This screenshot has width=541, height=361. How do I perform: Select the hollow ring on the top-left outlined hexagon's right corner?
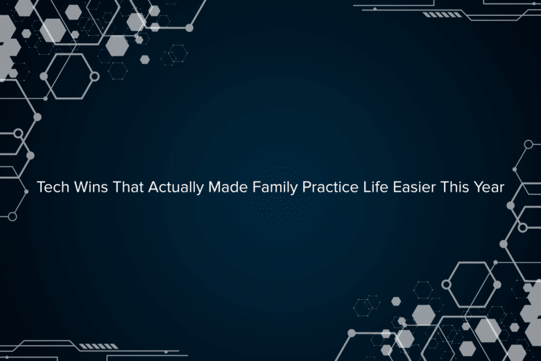tap(94, 76)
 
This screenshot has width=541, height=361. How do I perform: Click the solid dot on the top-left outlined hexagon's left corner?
tap(44, 76)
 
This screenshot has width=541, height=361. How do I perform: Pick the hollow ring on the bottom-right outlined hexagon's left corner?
tap(447, 284)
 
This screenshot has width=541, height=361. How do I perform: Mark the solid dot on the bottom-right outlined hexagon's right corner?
tap(497, 284)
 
